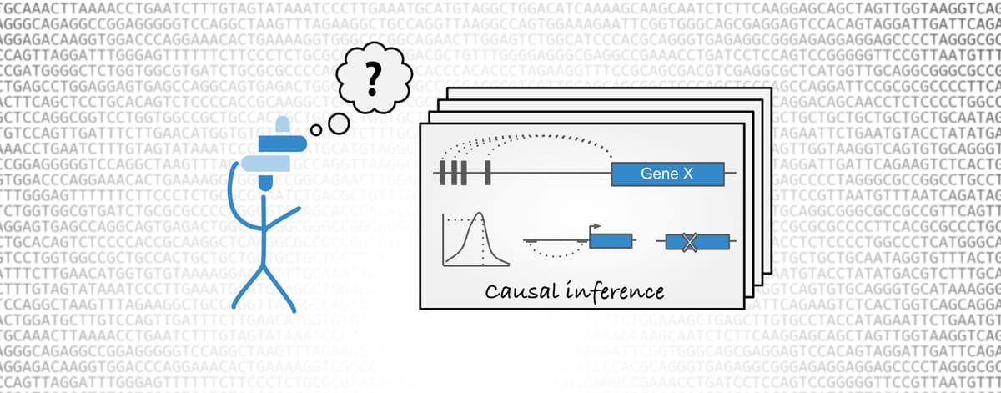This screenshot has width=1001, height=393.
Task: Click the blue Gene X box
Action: [x=665, y=174]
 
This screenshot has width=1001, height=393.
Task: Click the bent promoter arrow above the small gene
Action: [x=594, y=227]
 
